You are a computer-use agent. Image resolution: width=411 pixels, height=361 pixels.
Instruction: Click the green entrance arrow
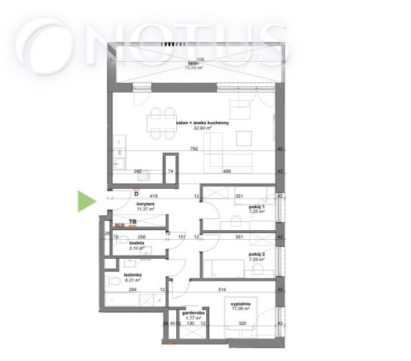[x=87, y=201]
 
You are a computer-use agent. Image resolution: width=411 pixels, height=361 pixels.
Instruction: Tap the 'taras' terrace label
[x=200, y=62]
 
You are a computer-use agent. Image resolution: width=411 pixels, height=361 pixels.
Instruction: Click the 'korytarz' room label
[x=145, y=203]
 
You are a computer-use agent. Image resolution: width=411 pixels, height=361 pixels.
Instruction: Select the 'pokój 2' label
[x=257, y=255]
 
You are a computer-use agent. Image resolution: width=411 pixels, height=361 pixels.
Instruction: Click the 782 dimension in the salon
[x=194, y=150]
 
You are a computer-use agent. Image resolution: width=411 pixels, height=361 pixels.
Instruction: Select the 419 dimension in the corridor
[x=152, y=196]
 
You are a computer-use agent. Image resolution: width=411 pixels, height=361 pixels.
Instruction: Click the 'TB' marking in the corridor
[x=132, y=222]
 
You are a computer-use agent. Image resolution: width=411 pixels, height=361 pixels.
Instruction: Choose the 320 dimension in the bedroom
[x=241, y=324]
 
